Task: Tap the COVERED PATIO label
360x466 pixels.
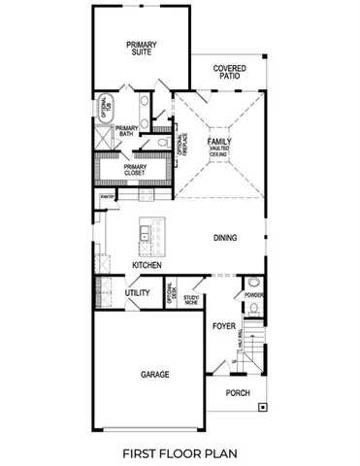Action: point(230,73)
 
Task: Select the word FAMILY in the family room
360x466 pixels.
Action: point(218,142)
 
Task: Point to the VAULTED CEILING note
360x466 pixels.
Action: point(218,151)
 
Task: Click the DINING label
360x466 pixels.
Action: point(226,236)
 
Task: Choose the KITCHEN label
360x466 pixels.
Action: point(147,265)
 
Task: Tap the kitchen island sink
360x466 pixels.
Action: point(144,233)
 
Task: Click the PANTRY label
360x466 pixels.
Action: point(107,198)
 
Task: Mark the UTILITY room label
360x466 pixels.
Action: point(137,291)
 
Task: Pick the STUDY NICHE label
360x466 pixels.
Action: point(191,300)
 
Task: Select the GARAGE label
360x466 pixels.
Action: point(154,374)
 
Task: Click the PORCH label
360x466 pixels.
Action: point(238,392)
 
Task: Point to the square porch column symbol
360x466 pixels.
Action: point(261,410)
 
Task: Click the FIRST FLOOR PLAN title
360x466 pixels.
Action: point(180,452)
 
